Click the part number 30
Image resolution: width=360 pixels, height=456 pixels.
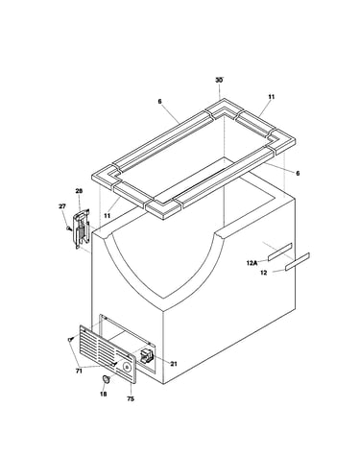pos(219,80)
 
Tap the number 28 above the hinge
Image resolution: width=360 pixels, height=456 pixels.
pos(79,191)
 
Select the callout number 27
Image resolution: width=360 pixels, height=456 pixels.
pos(62,206)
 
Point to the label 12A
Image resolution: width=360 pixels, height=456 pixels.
pos(252,263)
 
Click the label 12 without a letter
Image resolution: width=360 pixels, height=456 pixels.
pos(263,273)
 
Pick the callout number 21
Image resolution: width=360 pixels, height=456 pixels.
pos(174,364)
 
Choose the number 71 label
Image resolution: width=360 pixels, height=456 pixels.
pos(79,371)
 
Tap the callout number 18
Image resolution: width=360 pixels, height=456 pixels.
pos(103,394)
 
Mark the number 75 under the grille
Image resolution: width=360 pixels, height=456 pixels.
pos(131,398)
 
